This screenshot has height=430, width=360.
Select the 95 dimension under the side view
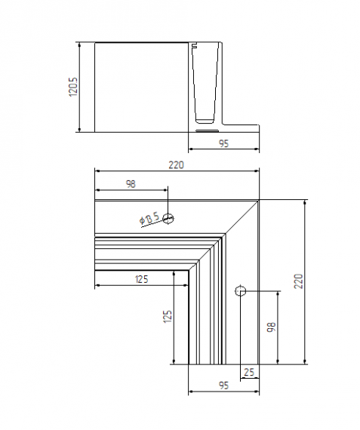point(223,143)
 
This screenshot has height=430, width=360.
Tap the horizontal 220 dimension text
point(177,164)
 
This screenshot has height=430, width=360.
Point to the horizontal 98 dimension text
point(131,184)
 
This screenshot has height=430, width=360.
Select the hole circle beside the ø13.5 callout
point(168,219)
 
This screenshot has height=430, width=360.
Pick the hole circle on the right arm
point(240,291)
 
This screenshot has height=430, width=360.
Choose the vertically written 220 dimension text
point(298,281)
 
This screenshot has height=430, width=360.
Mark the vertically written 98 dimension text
point(272,327)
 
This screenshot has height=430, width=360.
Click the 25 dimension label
point(249,372)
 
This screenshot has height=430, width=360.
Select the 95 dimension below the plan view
point(223,385)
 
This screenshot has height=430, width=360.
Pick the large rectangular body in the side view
point(140,87)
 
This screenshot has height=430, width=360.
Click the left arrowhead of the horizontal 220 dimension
point(97,170)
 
